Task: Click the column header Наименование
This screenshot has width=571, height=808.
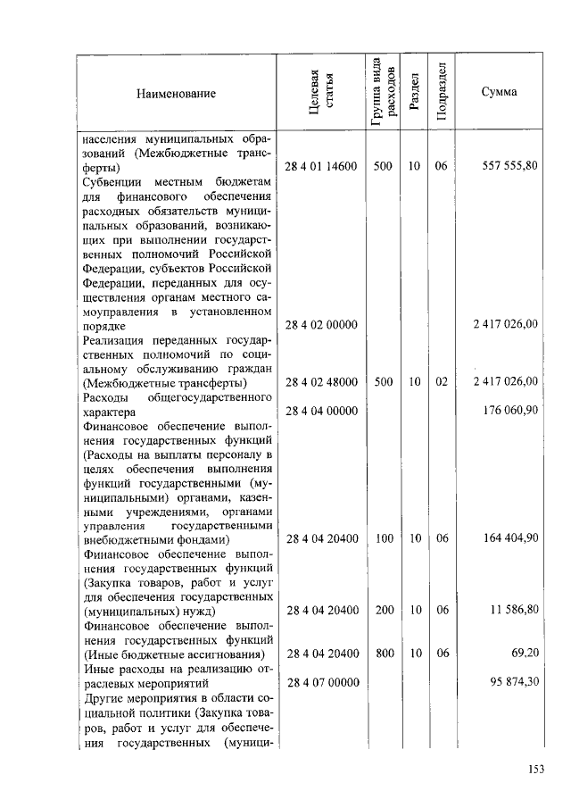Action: pos(177,93)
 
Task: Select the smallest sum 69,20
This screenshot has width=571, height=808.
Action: pos(525,654)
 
